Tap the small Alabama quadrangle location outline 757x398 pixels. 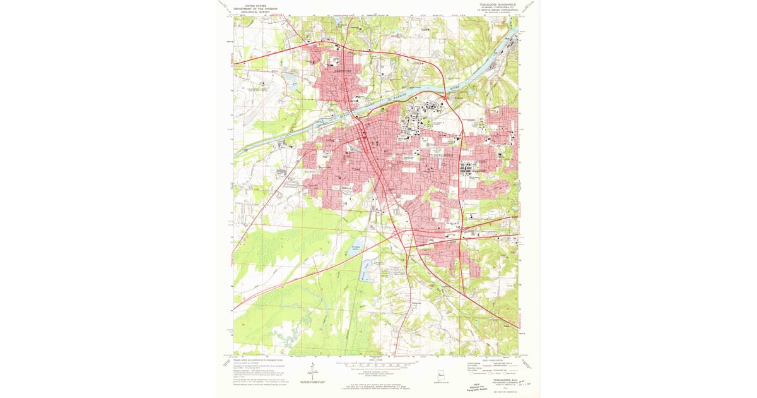coord(440,377)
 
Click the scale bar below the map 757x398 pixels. coord(375,365)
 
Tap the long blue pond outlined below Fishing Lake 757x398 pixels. coord(366,272)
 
